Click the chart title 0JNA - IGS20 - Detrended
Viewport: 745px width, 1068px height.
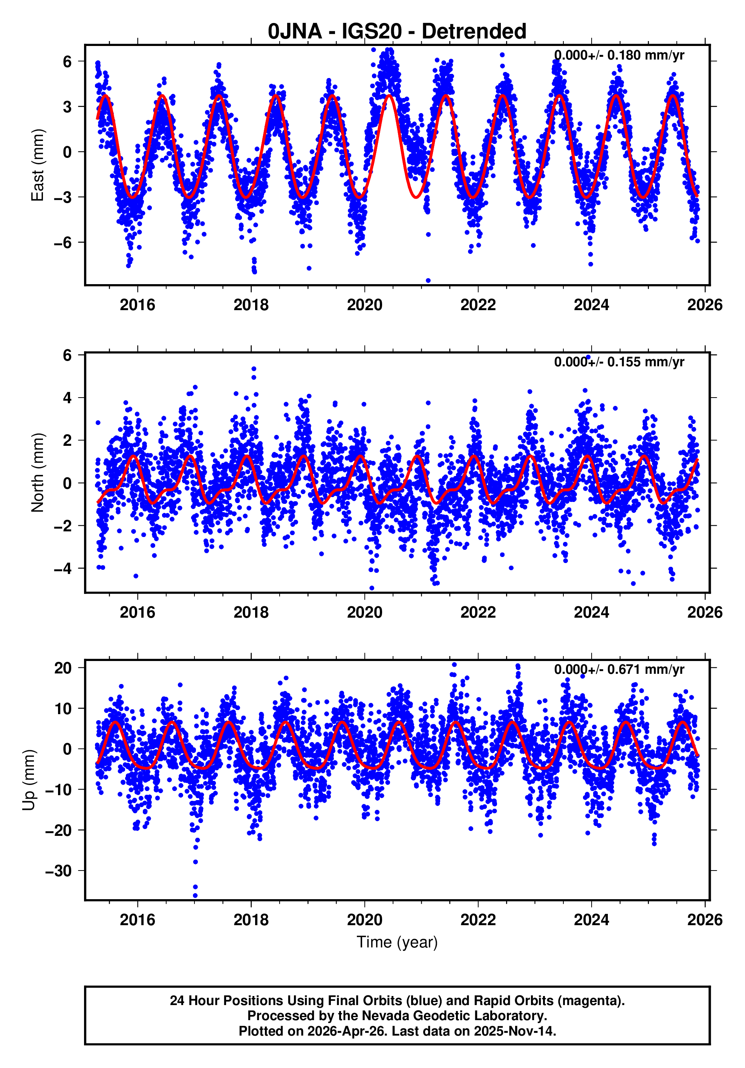pos(397,32)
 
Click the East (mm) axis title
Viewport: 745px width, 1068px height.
pos(37,165)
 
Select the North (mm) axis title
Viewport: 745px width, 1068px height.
pos(37,473)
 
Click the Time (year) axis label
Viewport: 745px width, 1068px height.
pos(397,942)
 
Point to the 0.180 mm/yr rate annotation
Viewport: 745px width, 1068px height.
pos(618,55)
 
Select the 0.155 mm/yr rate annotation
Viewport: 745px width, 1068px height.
pos(618,362)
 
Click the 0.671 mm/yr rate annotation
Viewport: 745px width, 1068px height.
pos(618,669)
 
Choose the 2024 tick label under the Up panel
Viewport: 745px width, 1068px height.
pos(591,920)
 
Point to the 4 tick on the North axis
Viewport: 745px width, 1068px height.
pos(67,398)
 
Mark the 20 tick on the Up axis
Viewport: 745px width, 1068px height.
pos(63,668)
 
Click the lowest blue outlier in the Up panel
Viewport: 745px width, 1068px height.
pos(195,895)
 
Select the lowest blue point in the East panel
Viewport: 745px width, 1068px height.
pos(428,280)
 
